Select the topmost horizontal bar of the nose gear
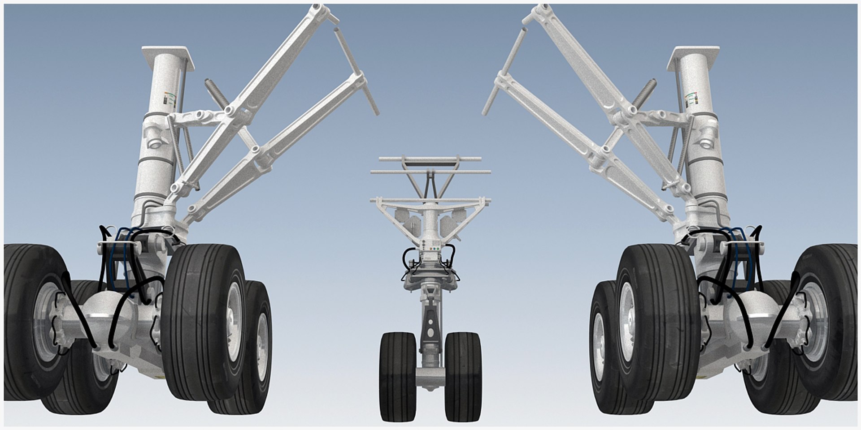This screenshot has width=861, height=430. click(430, 159)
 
